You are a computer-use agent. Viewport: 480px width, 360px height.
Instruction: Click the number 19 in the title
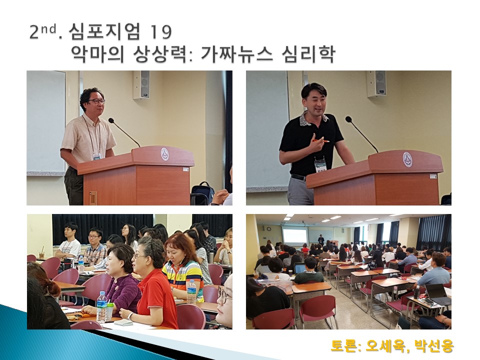click(x=161, y=32)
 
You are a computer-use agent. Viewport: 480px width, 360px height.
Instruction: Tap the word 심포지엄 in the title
click(x=104, y=31)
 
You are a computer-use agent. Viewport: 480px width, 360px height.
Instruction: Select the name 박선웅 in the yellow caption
click(x=434, y=345)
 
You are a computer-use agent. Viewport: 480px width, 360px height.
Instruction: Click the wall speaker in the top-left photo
click(x=141, y=85)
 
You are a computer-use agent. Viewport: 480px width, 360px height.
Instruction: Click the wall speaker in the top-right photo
click(x=376, y=84)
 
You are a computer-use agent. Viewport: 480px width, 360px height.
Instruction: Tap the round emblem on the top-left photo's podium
click(x=164, y=154)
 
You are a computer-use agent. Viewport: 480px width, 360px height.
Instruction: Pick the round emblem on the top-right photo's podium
click(x=407, y=159)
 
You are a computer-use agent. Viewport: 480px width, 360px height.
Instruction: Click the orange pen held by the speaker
click(x=320, y=141)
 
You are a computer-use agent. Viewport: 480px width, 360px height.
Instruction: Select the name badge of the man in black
click(x=320, y=166)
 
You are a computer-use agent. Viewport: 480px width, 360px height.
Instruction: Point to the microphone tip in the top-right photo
click(x=348, y=119)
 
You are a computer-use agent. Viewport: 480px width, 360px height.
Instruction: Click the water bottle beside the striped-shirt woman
click(x=191, y=292)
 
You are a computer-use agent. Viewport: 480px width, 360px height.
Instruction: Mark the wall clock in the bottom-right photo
click(x=269, y=228)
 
